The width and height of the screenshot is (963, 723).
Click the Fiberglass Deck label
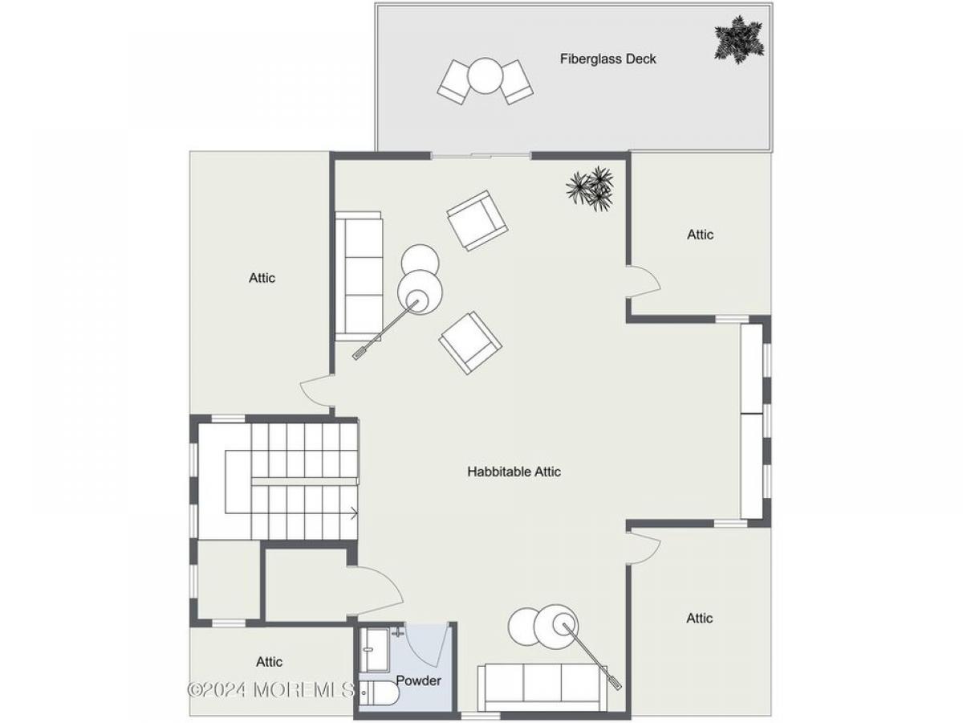pyautogui.click(x=607, y=59)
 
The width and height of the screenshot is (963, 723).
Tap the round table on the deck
pyautogui.click(x=485, y=76)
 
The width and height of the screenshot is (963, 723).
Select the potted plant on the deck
pyautogui.click(x=739, y=40)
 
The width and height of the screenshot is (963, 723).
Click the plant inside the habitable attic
pyautogui.click(x=590, y=189)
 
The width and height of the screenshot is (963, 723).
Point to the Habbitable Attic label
pyautogui.click(x=514, y=472)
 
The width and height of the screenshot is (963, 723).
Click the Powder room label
pyautogui.click(x=419, y=680)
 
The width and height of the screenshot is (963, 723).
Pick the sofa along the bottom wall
pyautogui.click(x=542, y=687)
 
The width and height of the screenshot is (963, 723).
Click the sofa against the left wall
pyautogui.click(x=359, y=276)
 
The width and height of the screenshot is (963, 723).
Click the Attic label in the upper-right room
pyautogui.click(x=701, y=235)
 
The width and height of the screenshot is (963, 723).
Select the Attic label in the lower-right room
pyautogui.click(x=699, y=618)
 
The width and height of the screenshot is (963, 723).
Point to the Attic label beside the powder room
pyautogui.click(x=269, y=661)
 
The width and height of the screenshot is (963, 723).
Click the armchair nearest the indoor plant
pyautogui.click(x=477, y=220)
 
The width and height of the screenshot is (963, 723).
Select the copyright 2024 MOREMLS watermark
pyautogui.click(x=270, y=689)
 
